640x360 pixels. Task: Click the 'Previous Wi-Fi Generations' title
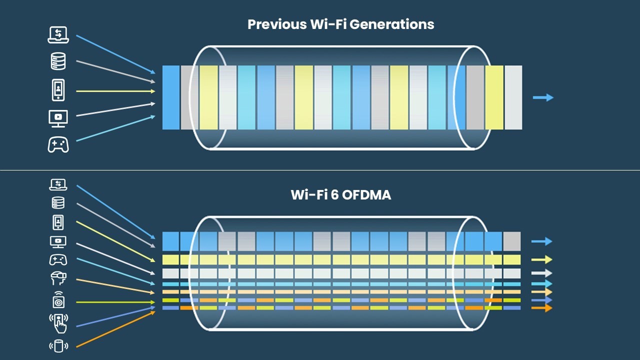[340, 24]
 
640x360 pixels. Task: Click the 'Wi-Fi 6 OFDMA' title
[340, 194]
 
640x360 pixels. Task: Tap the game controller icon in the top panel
[58, 144]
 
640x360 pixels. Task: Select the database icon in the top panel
[58, 61]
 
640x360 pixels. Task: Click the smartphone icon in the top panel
[58, 90]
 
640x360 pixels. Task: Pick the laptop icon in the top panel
[58, 34]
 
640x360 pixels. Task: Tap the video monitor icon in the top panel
[58, 118]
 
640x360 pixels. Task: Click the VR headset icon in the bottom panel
[58, 277]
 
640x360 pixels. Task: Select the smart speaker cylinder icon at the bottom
[58, 345]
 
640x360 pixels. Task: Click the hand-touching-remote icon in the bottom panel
[58, 322]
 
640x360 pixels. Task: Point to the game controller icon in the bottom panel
[58, 259]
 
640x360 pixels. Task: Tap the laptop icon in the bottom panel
[58, 185]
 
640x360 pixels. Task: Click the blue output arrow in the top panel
[543, 97]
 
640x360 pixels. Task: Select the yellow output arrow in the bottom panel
[541, 259]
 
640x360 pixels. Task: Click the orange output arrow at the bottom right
[541, 308]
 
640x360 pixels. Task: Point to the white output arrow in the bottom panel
[541, 273]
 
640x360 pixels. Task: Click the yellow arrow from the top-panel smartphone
[115, 91]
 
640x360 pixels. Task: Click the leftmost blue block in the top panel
[171, 97]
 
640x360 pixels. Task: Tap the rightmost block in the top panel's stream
[513, 97]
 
